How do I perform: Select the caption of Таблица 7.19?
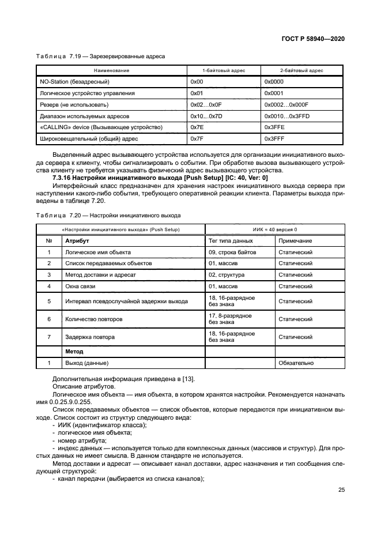click(x=101, y=56)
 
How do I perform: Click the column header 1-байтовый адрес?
click(x=224, y=70)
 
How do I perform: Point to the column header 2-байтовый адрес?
click(x=301, y=70)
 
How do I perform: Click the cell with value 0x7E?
click(x=197, y=127)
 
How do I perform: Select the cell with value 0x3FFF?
click(x=274, y=138)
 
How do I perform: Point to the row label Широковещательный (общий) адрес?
click(x=88, y=138)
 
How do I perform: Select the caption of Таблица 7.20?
click(x=108, y=215)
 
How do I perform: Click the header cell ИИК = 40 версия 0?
click(x=273, y=229)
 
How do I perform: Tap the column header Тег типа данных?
click(x=230, y=240)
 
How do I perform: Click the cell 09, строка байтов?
click(x=232, y=252)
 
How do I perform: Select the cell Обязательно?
click(x=296, y=363)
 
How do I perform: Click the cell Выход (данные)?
click(x=87, y=363)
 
